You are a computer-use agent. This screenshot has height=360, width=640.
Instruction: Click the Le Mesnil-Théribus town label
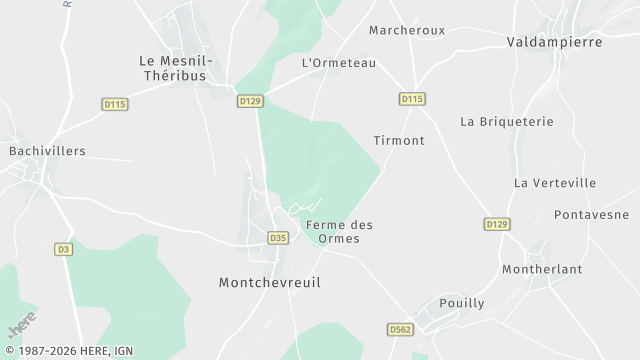[x=173, y=67]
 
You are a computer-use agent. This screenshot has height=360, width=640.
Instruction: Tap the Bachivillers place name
[x=47, y=151]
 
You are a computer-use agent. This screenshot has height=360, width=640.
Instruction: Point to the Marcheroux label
[x=407, y=30]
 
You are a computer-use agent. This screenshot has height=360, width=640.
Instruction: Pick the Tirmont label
[x=399, y=140]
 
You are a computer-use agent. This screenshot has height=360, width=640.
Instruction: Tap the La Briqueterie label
[x=507, y=121]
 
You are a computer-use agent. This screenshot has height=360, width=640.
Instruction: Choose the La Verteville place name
[x=555, y=183]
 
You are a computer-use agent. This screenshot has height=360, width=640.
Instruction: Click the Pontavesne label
[x=592, y=215]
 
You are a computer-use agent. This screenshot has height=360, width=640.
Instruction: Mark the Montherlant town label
[x=543, y=270]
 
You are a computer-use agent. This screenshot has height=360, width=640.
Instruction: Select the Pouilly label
[x=462, y=303]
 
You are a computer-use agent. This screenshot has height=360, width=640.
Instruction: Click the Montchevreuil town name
[x=270, y=283]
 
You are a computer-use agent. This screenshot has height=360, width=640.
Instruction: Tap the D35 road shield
[x=278, y=238]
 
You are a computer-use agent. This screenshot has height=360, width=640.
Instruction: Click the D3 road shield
[x=64, y=249]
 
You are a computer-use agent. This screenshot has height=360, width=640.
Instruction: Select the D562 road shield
[x=400, y=328]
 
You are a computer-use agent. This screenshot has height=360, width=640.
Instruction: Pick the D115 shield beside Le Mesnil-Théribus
[x=116, y=103]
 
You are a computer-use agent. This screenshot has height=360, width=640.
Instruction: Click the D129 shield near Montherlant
[x=497, y=224]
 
